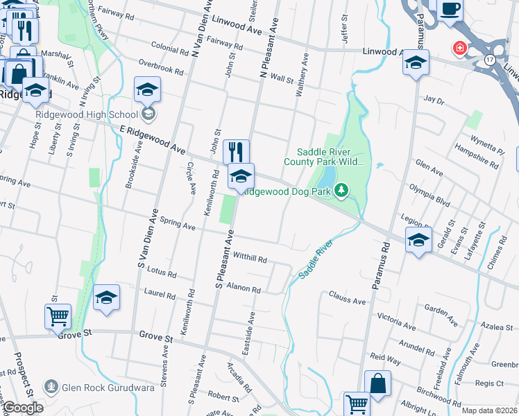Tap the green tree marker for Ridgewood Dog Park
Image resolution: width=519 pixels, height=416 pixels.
tap(341, 190)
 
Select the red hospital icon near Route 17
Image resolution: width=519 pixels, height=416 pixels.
tap(459, 48)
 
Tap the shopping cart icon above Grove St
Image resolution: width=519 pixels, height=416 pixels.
tap(58, 316)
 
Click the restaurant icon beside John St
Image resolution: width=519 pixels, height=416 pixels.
tap(236, 151)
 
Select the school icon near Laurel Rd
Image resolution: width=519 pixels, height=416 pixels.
tap(105, 297)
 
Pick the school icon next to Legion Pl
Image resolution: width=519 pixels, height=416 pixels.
tap(418, 241)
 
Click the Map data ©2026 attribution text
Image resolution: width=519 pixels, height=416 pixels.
tap(489, 410)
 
